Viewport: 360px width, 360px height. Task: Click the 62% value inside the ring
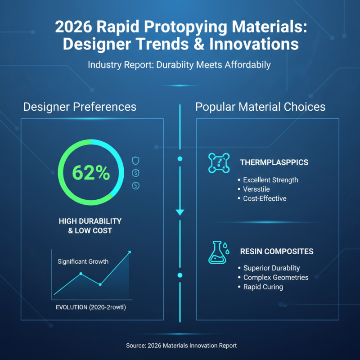[91, 172]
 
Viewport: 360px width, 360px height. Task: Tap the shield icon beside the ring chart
[136, 160]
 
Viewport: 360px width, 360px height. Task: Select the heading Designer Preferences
[80, 107]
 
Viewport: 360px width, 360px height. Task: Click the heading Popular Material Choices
[261, 107]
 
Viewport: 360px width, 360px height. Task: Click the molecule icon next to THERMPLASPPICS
[219, 163]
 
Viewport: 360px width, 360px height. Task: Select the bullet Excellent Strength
[270, 180]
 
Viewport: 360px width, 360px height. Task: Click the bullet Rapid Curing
[263, 287]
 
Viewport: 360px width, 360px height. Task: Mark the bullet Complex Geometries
[275, 278]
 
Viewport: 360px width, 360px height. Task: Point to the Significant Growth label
[83, 261]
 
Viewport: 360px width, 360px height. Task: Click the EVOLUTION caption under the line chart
[91, 307]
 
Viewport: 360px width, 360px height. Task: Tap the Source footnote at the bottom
[181, 345]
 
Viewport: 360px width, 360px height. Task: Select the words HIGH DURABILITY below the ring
[90, 221]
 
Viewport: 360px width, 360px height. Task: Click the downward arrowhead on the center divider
[180, 212]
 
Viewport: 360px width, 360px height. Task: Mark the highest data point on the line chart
[130, 252]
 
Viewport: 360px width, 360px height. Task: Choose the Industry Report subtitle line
[179, 65]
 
